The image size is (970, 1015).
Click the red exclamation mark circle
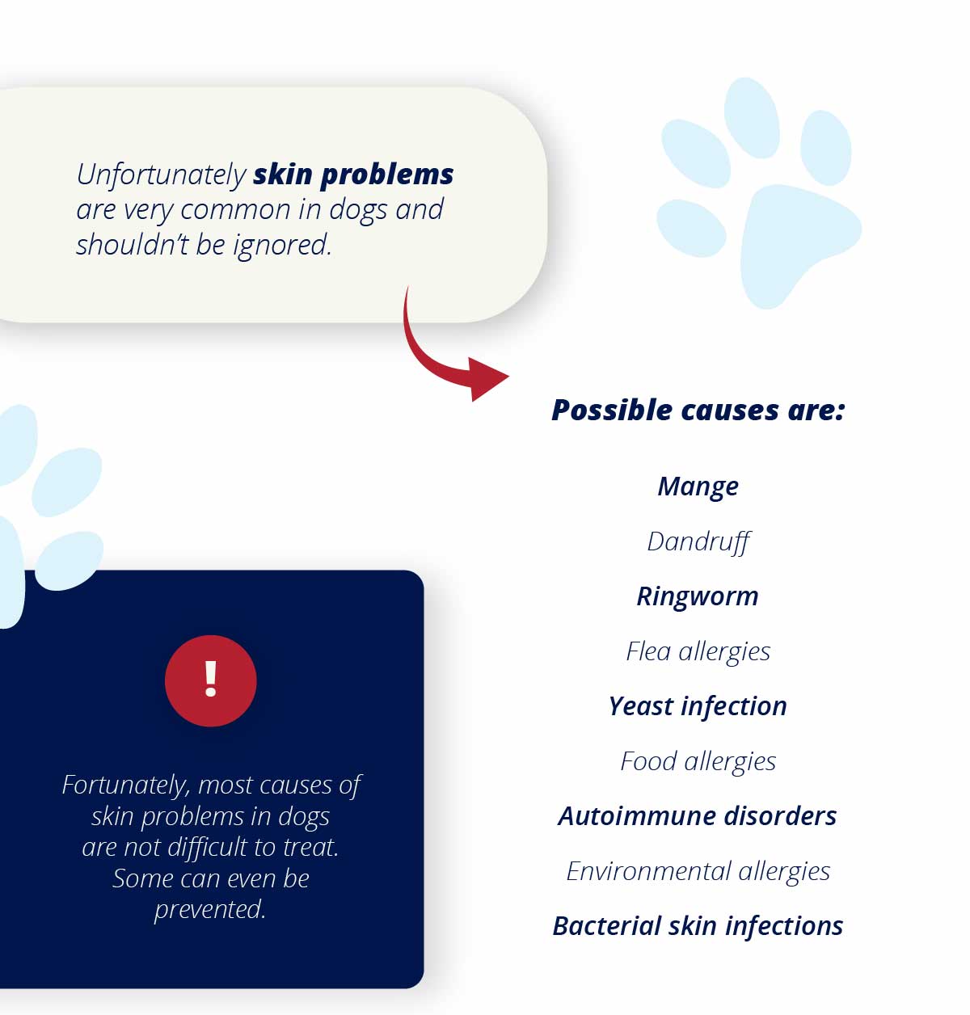pos(210,680)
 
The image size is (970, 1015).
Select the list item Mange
pos(698,487)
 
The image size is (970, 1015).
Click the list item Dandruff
pos(698,542)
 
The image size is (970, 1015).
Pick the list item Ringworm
pos(698,597)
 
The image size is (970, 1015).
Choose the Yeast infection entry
pos(698,707)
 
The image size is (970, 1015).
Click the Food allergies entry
pos(698,762)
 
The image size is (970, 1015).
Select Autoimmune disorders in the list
pos(698,816)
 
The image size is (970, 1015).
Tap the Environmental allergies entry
pos(698,872)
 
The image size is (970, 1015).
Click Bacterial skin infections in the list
pos(698,926)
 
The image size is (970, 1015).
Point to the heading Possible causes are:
pos(698,411)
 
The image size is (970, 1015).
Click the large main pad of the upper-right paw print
pos(800,245)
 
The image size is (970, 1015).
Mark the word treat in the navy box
pos(311,848)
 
